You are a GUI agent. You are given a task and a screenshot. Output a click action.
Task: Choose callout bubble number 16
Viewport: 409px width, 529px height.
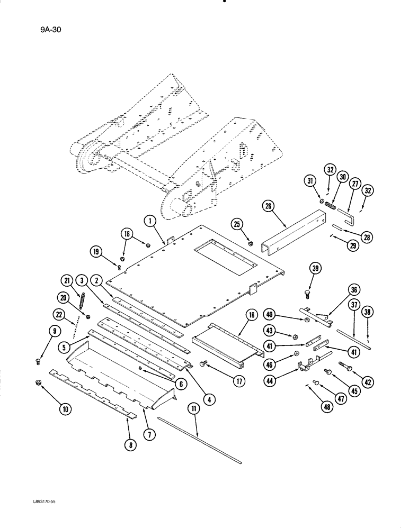[250, 316]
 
